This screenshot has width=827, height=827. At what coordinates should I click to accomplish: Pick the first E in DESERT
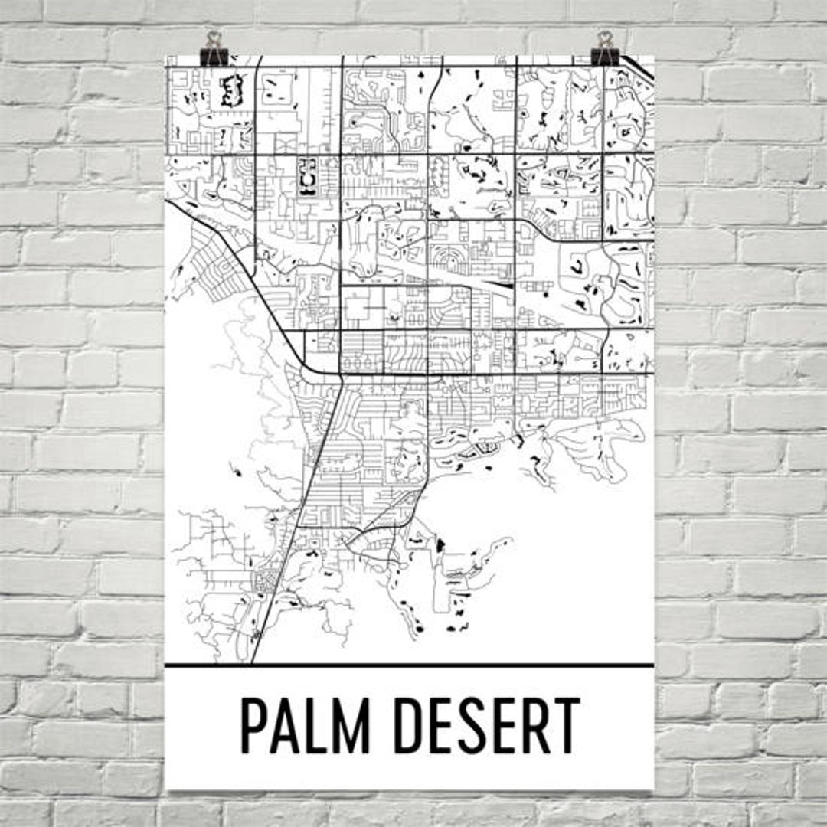pos(453,725)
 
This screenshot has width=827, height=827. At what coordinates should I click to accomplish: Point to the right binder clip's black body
pos(605,57)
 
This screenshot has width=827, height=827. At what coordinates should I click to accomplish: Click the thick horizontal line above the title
pos(410,665)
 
